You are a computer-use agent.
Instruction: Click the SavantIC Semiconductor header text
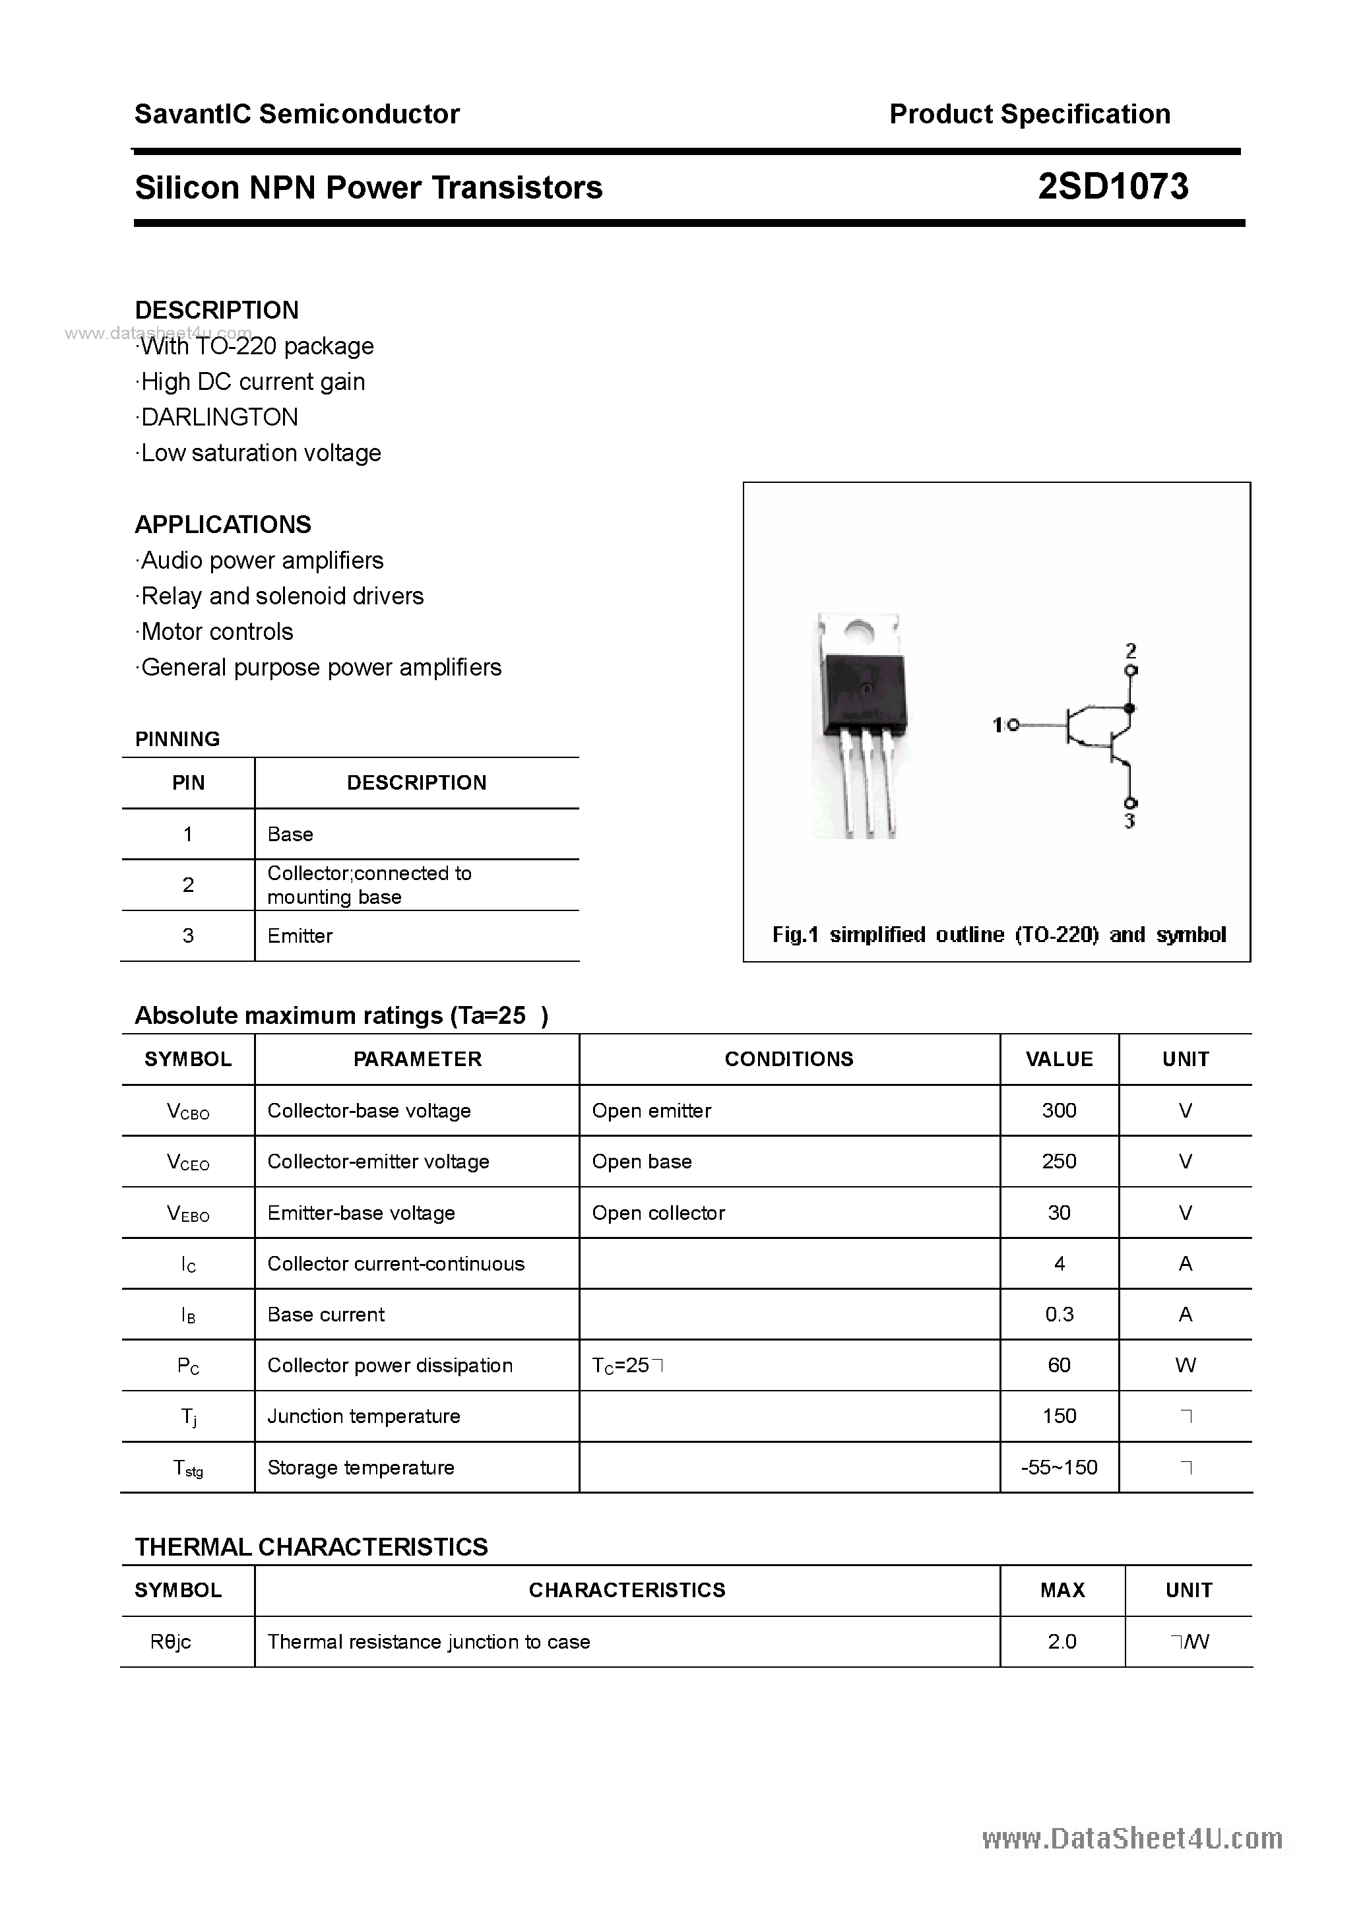(x=297, y=114)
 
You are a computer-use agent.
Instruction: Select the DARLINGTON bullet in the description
(x=218, y=417)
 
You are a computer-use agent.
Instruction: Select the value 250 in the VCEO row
(x=1059, y=1161)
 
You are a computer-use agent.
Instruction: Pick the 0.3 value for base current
(x=1059, y=1314)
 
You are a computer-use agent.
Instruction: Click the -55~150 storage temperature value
(x=1059, y=1467)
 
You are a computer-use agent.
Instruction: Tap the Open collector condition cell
(x=658, y=1213)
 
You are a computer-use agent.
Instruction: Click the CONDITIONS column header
(x=788, y=1059)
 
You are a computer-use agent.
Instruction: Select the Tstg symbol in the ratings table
(x=188, y=1468)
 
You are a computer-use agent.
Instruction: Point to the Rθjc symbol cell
(x=171, y=1641)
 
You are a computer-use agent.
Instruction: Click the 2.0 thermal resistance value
(x=1062, y=1641)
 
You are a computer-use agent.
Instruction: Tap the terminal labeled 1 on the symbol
(x=1012, y=724)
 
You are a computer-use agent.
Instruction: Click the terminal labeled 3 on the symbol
(x=1131, y=803)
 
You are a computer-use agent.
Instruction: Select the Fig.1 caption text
(x=998, y=934)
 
